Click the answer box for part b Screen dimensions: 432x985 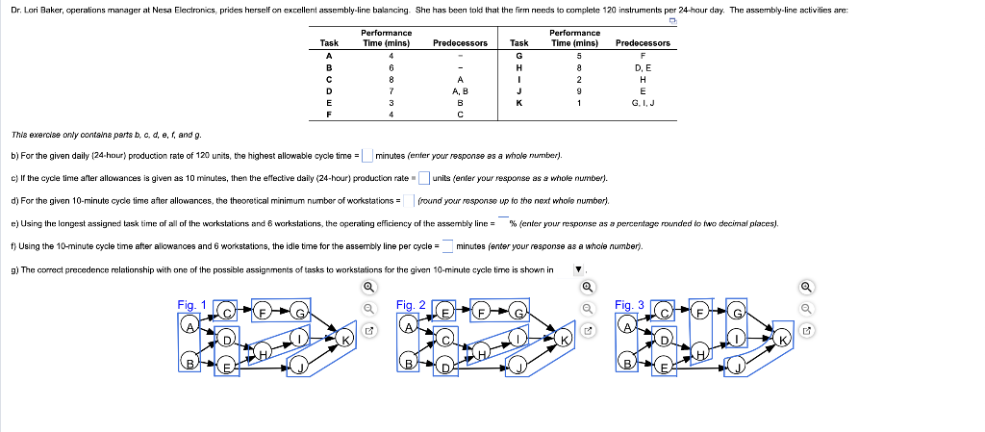point(367,156)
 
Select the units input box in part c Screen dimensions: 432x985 point(423,178)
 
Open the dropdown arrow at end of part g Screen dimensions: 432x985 point(578,270)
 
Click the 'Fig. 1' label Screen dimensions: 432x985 point(191,305)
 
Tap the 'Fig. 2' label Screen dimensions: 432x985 point(410,305)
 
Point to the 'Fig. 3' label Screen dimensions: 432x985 point(628,305)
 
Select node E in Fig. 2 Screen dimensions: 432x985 point(446,313)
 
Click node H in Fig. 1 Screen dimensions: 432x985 point(261,357)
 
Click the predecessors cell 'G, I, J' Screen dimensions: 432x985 point(642,101)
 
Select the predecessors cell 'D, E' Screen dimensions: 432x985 point(642,67)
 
